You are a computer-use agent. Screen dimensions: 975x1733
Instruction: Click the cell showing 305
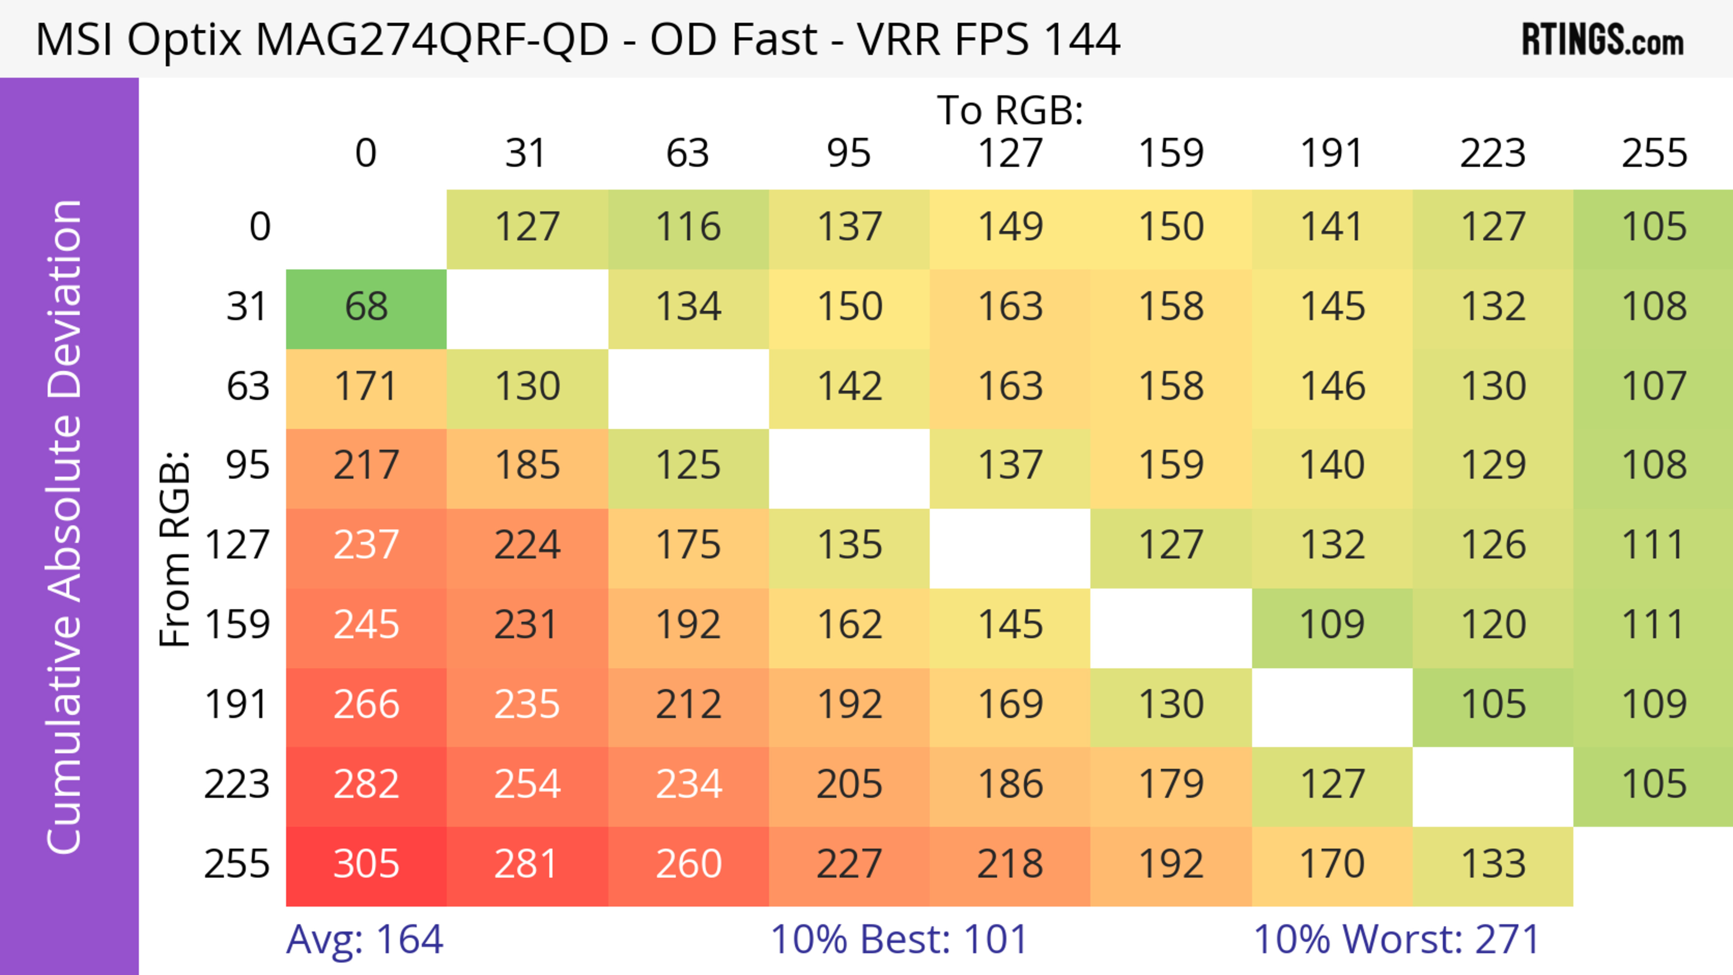366,864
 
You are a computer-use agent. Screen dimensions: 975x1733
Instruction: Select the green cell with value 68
366,307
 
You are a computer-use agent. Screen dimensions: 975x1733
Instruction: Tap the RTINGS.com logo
1603,40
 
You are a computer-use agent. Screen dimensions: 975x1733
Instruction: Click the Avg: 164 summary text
365,939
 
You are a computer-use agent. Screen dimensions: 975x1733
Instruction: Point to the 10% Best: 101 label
899,939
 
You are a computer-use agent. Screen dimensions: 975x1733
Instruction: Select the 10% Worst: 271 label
1397,939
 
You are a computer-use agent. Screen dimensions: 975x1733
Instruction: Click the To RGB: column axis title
1010,110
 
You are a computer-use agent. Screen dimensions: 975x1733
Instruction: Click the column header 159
1171,153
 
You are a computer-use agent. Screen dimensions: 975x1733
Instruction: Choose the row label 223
237,785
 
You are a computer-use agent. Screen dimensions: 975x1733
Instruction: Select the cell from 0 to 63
688,227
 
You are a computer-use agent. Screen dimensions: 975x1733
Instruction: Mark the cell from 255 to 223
1493,864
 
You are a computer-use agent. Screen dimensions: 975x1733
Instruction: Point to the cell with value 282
366,785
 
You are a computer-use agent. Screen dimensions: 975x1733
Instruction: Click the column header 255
1654,153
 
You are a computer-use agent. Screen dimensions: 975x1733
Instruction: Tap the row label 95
248,465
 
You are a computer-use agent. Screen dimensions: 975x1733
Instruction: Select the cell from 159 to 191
1332,625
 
